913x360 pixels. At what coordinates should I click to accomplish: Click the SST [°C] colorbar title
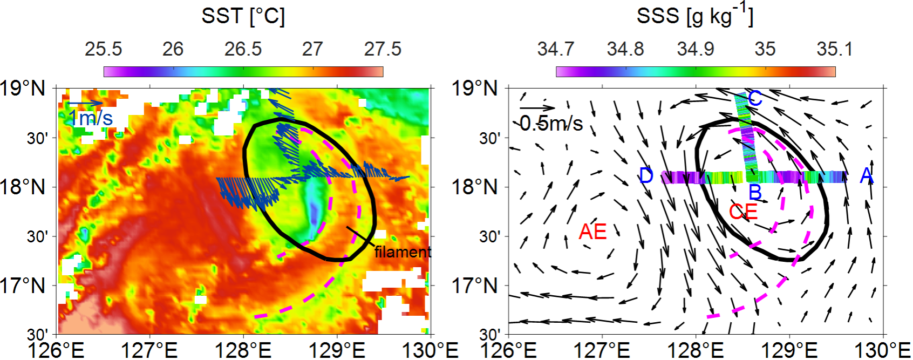tap(243, 16)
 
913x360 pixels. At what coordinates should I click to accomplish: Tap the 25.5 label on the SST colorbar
tap(103, 49)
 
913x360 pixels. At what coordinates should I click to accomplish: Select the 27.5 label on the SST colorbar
tap(383, 49)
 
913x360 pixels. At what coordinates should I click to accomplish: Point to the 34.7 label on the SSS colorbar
tap(555, 49)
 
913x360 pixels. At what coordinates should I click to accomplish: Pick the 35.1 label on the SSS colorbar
tap(834, 49)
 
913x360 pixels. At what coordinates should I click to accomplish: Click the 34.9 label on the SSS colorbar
tap(695, 49)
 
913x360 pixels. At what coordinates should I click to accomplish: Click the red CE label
tap(743, 212)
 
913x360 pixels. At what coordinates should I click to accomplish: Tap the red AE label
tap(592, 232)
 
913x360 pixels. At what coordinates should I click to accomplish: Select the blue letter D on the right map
tap(646, 176)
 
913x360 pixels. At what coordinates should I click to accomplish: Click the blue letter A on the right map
tap(867, 175)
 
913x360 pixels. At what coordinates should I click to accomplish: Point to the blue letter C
tap(755, 98)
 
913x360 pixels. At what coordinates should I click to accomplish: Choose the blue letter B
tap(755, 192)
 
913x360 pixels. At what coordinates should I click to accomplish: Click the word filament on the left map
tap(403, 252)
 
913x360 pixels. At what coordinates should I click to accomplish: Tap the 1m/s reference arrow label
tap(91, 118)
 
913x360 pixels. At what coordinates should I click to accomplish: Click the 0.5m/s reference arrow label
tap(551, 124)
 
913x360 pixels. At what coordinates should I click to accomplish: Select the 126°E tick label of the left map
tap(56, 350)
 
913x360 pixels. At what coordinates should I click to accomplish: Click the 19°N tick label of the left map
tap(22, 88)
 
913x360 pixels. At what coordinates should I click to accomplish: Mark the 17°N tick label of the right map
tap(474, 286)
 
